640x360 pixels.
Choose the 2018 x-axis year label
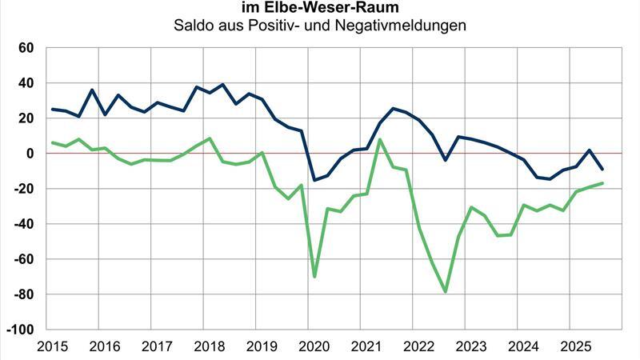[x=208, y=347]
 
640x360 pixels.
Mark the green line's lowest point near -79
[x=446, y=292]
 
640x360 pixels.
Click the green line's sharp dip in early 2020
[x=314, y=277]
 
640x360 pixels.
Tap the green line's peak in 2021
[x=379, y=139]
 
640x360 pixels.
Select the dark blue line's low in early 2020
[x=314, y=180]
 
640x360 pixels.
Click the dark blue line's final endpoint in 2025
[x=602, y=169]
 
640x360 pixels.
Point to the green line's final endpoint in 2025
[x=602, y=183]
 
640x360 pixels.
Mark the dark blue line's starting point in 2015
[x=53, y=109]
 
